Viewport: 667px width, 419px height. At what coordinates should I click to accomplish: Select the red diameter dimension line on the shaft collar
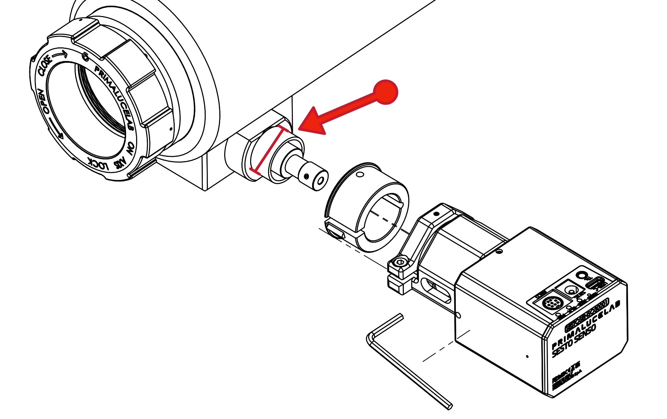tap(269, 150)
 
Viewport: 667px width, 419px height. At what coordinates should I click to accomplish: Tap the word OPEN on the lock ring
tap(43, 101)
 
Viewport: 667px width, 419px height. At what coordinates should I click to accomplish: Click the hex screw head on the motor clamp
tap(400, 263)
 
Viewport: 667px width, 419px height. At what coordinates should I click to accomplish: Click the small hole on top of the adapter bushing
tap(360, 174)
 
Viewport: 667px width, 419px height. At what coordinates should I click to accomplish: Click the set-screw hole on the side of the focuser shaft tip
tap(306, 176)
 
